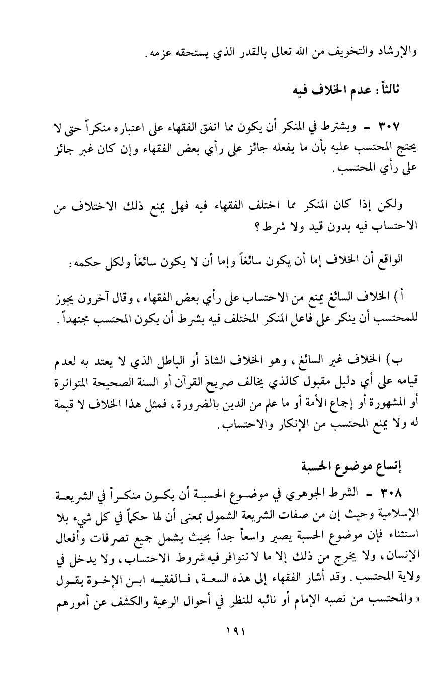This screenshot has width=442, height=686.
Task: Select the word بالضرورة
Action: tap(162, 395)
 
